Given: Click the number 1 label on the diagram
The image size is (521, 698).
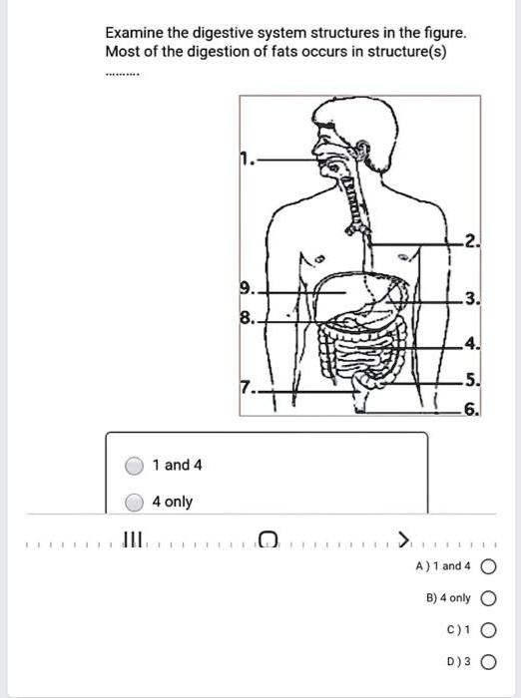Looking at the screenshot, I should (245, 159).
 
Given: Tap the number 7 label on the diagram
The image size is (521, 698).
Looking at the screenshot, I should (247, 387).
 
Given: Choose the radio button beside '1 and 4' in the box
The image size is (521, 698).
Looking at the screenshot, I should (135, 466).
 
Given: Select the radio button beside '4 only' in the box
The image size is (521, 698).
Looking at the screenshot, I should (135, 502).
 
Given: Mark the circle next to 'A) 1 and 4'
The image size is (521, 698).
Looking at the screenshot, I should (486, 566).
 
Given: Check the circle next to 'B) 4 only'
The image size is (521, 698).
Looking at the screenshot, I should (486, 598).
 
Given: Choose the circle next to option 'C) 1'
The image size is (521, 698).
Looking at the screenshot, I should (486, 630).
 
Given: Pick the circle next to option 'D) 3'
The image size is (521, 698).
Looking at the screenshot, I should (486, 661).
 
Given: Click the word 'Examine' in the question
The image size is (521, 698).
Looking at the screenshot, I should (137, 32).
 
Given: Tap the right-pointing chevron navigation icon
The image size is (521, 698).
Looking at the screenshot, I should (403, 540).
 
